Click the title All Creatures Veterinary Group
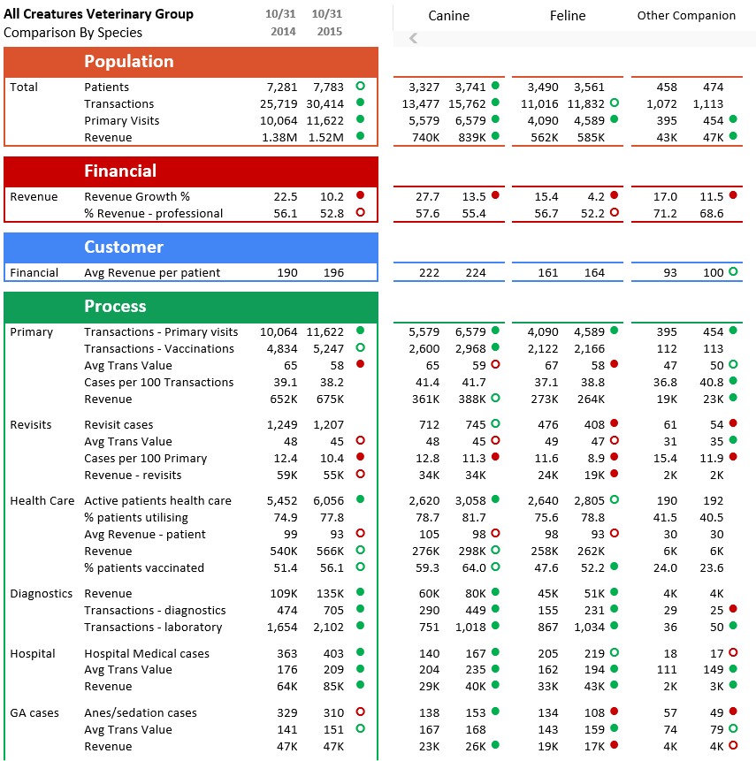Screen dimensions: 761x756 click(x=98, y=14)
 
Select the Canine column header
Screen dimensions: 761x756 click(x=448, y=15)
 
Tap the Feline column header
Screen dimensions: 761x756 click(x=569, y=15)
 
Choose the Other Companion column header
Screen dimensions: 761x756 click(x=686, y=15)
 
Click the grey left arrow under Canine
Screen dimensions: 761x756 click(x=413, y=38)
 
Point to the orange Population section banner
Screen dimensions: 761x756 click(x=191, y=62)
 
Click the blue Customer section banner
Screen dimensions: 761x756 click(x=191, y=247)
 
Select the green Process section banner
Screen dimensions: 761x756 click(x=191, y=307)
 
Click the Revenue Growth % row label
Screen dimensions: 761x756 click(x=137, y=196)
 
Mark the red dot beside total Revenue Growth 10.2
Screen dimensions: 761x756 click(x=360, y=195)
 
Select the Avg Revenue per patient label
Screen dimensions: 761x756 click(x=152, y=272)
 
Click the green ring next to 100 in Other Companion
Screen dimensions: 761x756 click(x=733, y=271)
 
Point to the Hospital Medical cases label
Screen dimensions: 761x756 click(x=147, y=653)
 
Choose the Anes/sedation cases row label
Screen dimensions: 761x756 click(x=141, y=712)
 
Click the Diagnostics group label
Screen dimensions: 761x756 click(x=41, y=593)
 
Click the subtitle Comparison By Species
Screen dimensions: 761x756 click(x=73, y=33)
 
